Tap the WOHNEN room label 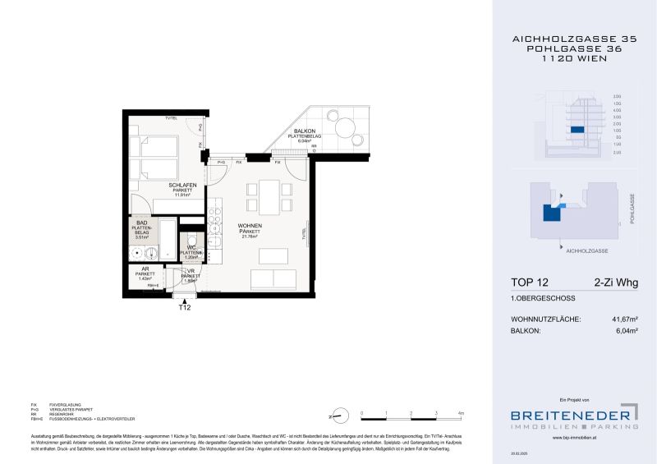(249, 225)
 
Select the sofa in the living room (273, 278)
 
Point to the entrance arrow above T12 (185, 298)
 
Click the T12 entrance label (185, 309)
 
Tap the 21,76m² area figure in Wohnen (249, 238)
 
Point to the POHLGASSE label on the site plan (632, 209)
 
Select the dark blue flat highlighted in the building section (577, 130)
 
